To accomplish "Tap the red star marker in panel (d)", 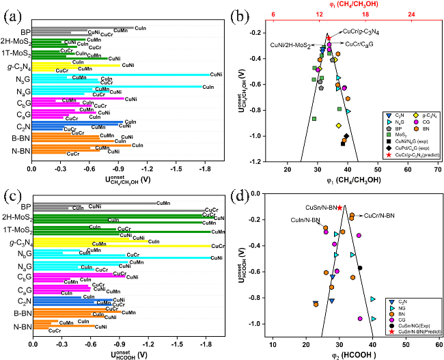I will (x=339, y=208).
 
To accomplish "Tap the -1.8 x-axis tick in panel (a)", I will (x=203, y=167).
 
